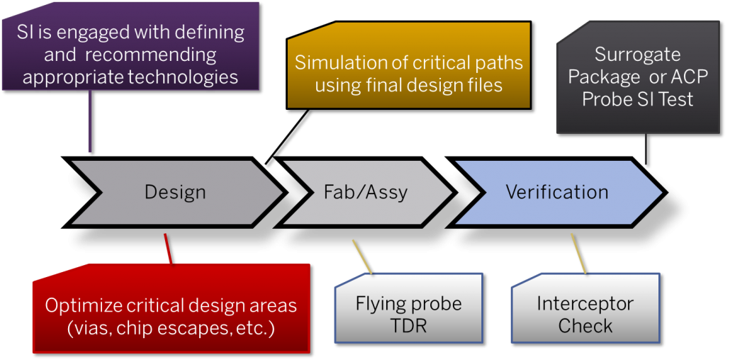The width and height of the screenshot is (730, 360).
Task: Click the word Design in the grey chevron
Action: click(x=174, y=192)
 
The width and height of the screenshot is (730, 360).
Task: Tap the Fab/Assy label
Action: click(x=365, y=192)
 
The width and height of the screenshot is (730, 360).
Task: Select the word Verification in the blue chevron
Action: click(x=557, y=192)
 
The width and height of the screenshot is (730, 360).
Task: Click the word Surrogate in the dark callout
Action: click(x=637, y=55)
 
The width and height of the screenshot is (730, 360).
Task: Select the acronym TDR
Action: click(x=408, y=326)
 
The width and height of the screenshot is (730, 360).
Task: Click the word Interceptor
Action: click(x=585, y=304)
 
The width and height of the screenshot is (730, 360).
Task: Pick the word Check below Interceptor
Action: click(x=585, y=326)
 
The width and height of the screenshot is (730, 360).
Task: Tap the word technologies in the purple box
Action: click(x=185, y=77)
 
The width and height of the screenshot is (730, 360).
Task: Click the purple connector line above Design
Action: click(x=89, y=121)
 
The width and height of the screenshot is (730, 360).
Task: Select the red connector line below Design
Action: click(x=168, y=249)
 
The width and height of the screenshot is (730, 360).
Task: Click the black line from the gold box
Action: click(x=287, y=137)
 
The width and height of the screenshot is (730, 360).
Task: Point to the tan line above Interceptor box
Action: click(x=578, y=254)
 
